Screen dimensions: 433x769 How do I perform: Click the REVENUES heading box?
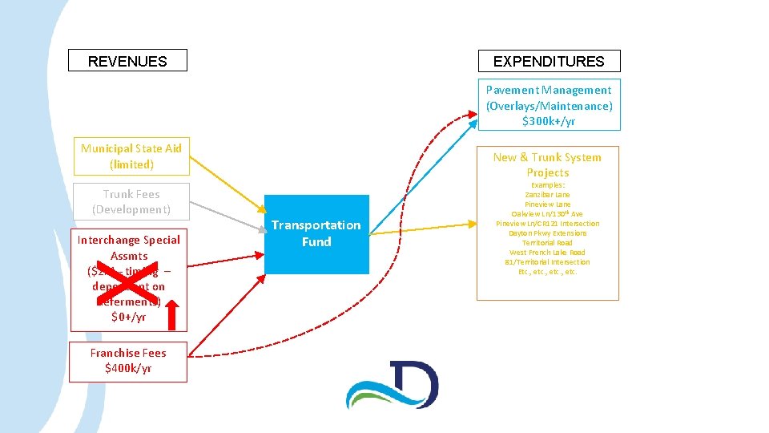click(x=127, y=61)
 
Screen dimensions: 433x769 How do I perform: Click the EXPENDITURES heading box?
click(x=549, y=61)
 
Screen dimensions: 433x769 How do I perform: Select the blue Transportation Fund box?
click(x=316, y=233)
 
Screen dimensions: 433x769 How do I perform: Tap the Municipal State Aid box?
click(x=131, y=156)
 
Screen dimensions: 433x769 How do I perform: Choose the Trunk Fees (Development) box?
click(x=131, y=202)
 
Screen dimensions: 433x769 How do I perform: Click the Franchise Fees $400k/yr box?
click(x=128, y=361)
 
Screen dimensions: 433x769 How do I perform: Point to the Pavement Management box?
click(x=549, y=105)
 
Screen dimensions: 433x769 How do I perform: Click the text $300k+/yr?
click(x=549, y=122)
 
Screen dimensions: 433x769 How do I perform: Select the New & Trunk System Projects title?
click(x=548, y=164)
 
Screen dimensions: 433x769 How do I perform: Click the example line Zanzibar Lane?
click(x=548, y=195)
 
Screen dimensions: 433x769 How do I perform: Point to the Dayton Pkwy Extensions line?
click(x=548, y=233)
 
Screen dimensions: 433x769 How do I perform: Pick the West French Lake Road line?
click(x=548, y=253)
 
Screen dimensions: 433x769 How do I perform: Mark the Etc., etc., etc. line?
click(x=548, y=272)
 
